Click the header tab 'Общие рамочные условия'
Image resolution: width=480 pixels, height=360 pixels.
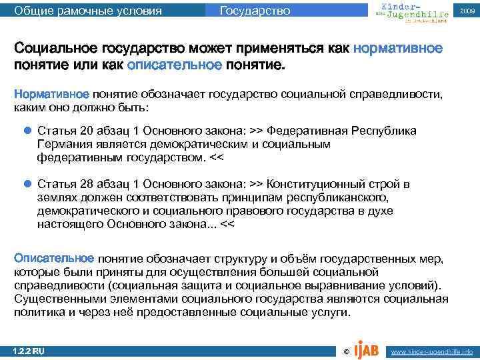tap(87, 11)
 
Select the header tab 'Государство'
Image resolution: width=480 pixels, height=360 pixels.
tap(255, 11)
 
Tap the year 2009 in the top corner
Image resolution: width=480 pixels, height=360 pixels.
tap(465, 11)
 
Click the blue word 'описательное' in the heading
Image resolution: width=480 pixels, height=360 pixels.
tap(173, 66)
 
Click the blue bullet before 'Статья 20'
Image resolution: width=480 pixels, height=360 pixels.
tap(27, 131)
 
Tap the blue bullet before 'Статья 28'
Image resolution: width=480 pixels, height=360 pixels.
tap(27, 184)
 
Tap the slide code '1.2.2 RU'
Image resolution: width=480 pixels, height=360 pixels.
tap(29, 351)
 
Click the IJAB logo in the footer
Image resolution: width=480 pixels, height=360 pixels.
tap(367, 349)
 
